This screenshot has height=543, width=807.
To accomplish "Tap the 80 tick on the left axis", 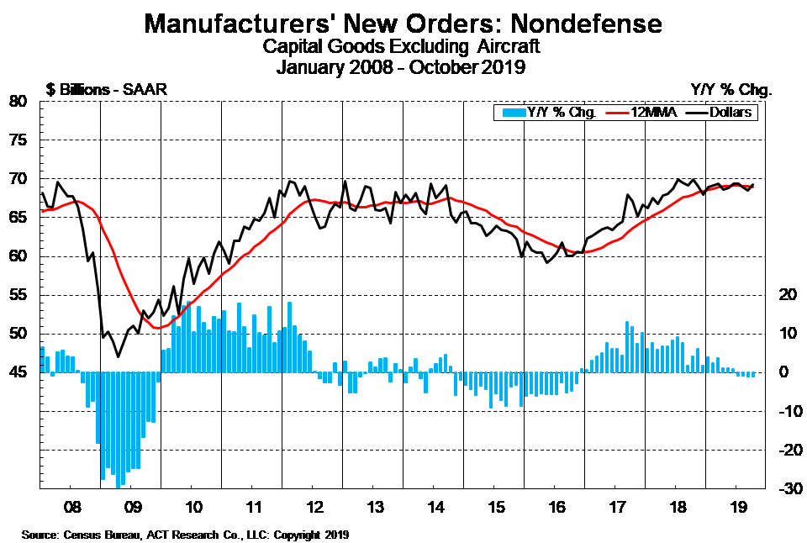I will tap(19, 102).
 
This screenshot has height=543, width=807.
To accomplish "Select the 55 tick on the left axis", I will tap(19, 295).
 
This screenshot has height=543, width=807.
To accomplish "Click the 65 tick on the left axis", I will tap(19, 218).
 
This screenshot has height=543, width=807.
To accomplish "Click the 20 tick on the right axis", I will tap(787, 295).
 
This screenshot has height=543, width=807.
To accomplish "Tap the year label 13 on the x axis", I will tap(372, 509).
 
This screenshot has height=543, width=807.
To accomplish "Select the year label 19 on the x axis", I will tap(736, 509).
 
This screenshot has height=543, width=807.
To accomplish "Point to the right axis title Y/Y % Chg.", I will tap(730, 88).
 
